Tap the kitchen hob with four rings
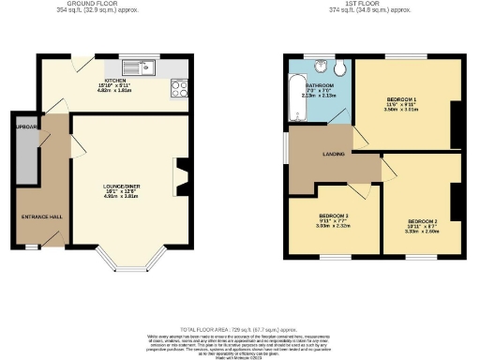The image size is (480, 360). point(178,89)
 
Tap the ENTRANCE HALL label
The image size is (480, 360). point(41,217)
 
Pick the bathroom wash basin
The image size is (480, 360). point(324,66)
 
